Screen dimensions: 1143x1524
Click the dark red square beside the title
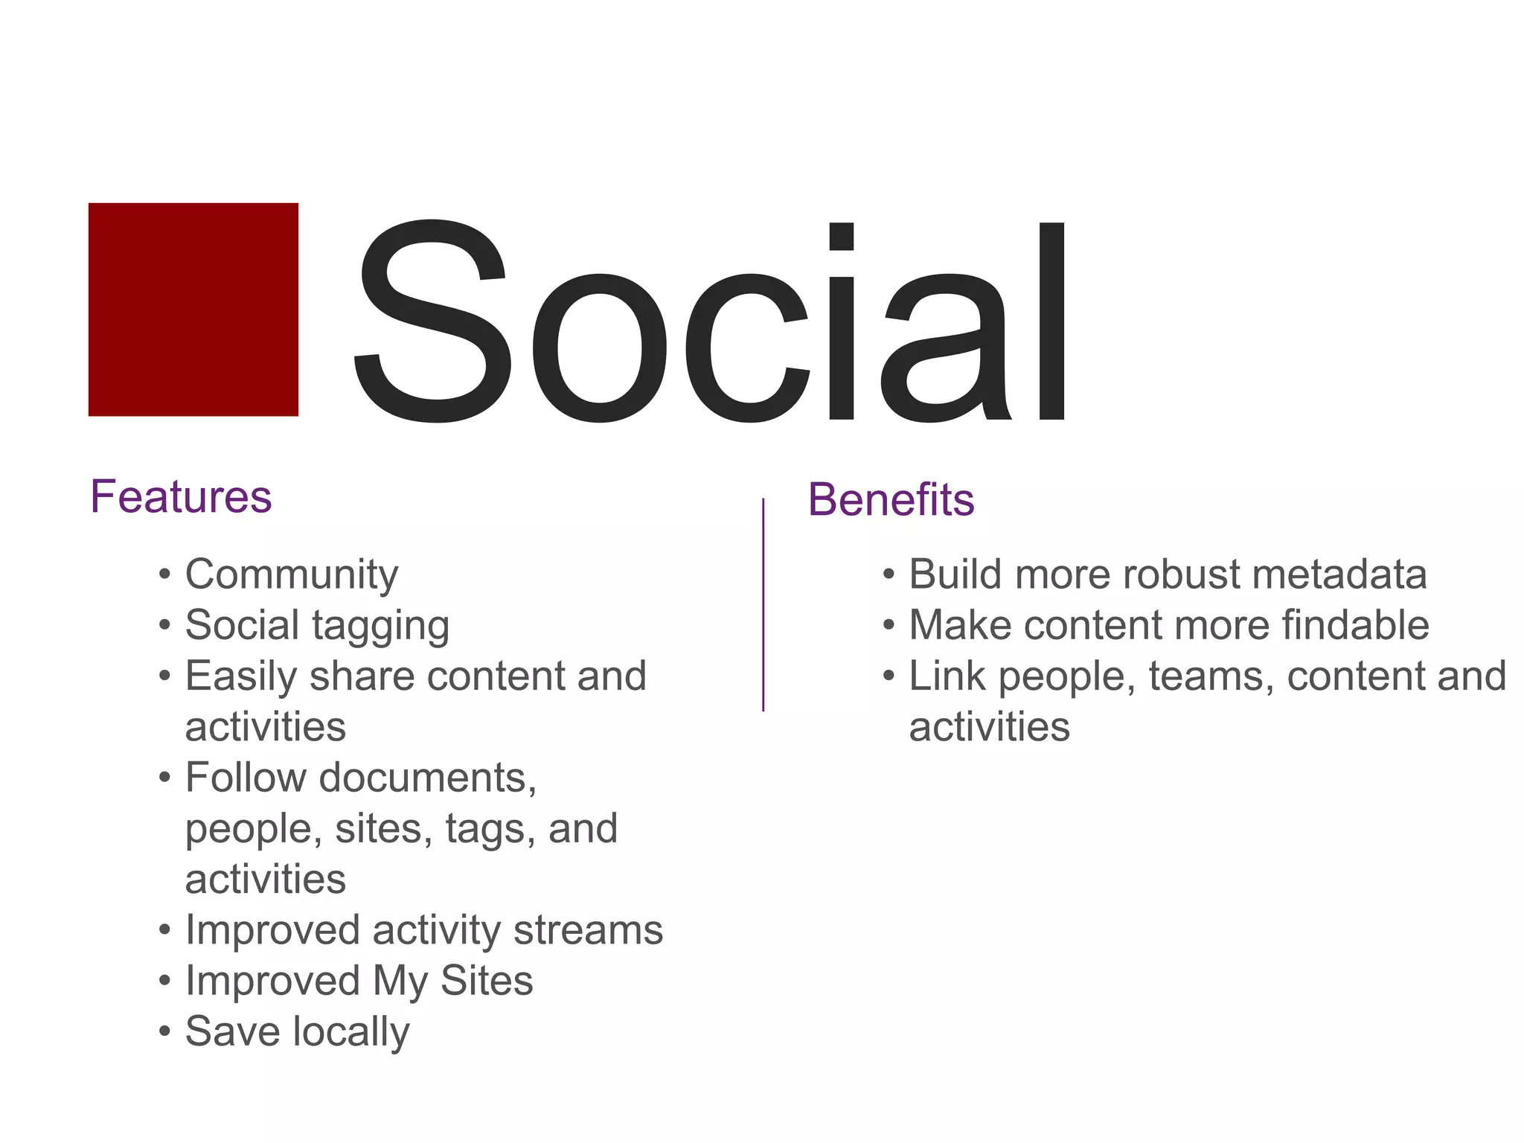(x=193, y=309)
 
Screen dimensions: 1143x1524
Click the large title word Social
(x=711, y=321)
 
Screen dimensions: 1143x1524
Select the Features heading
(x=181, y=496)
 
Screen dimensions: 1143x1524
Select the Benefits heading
(x=891, y=499)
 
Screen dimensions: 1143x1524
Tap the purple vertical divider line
(x=763, y=604)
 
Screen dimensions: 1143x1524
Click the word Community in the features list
(x=292, y=575)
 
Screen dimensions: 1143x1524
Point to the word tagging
(x=380, y=626)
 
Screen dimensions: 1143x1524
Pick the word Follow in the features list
(x=246, y=778)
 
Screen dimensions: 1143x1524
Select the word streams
(x=588, y=930)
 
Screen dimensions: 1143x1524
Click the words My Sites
(x=452, y=981)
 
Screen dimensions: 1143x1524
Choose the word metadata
(x=1339, y=574)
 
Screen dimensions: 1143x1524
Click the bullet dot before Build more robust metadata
(x=889, y=575)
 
